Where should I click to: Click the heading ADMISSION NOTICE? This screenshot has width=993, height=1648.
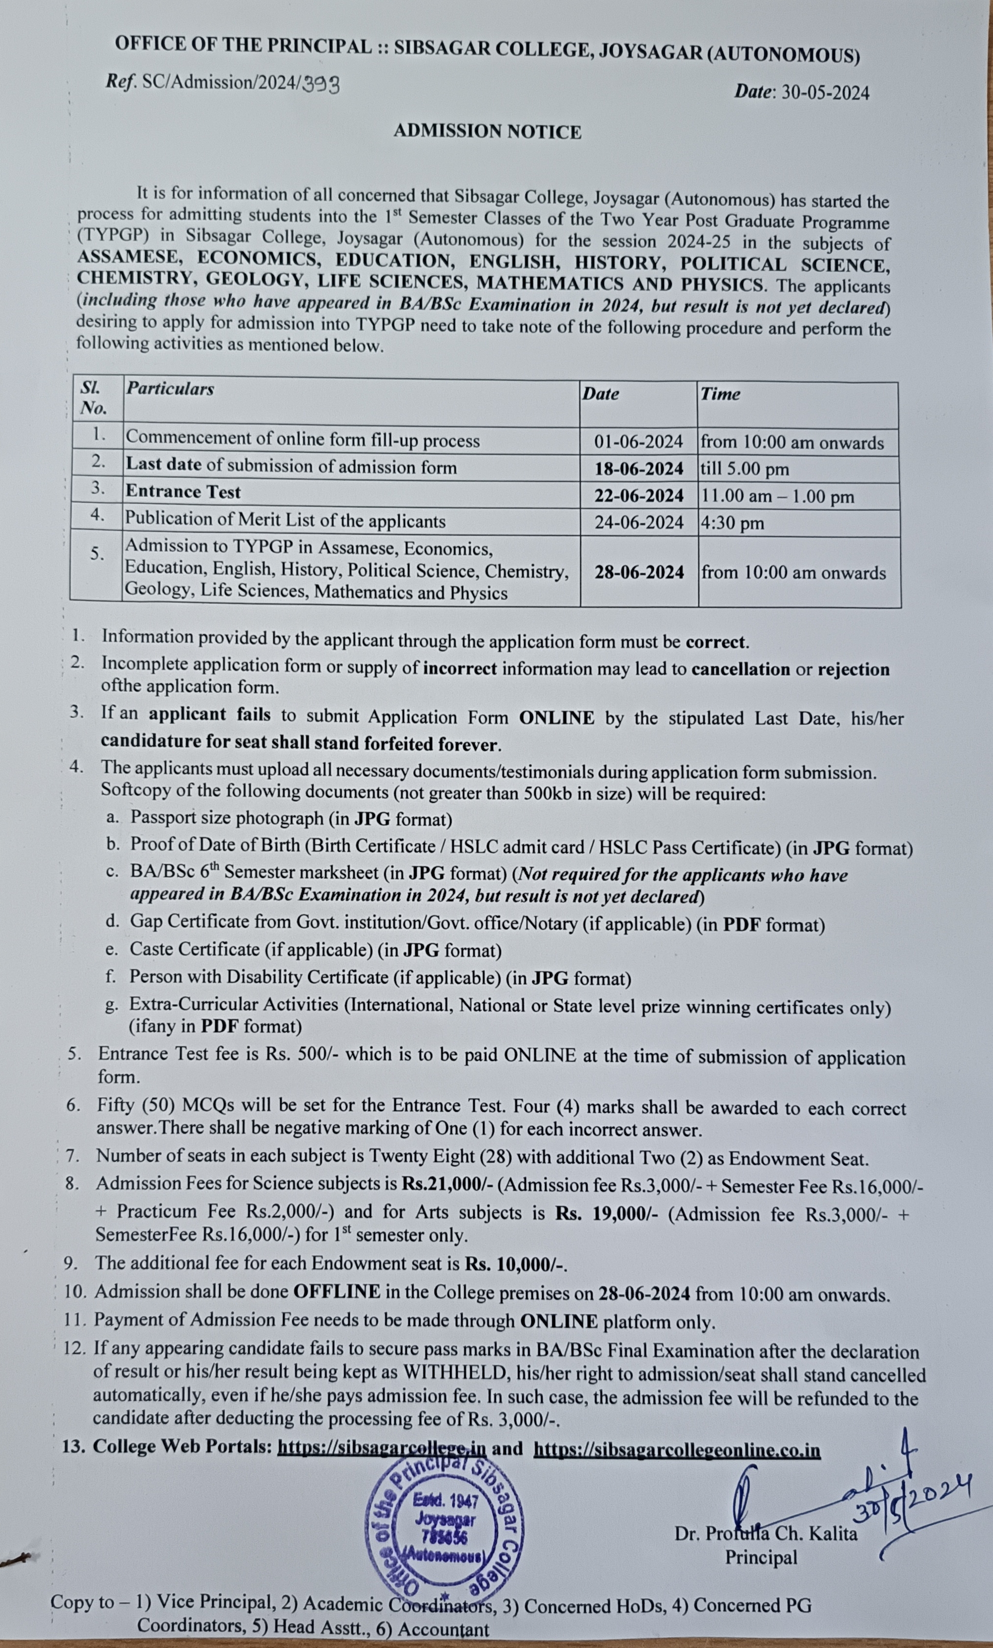point(487,132)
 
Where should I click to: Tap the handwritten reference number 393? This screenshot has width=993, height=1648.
point(321,84)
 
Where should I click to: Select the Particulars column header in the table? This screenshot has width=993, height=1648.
point(170,389)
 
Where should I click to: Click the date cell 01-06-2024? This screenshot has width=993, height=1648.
point(639,442)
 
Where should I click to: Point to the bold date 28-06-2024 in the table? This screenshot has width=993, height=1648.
point(639,572)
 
